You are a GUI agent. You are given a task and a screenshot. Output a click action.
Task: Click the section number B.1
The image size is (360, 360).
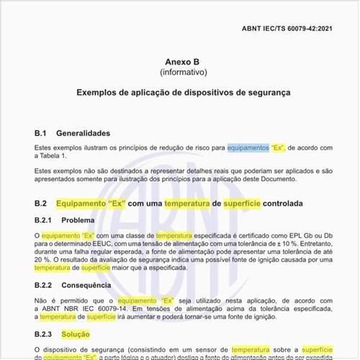click(41, 133)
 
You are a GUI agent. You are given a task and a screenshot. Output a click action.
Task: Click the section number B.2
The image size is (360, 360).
click(41, 204)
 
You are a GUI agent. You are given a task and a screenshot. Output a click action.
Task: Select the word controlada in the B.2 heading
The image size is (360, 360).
click(283, 204)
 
